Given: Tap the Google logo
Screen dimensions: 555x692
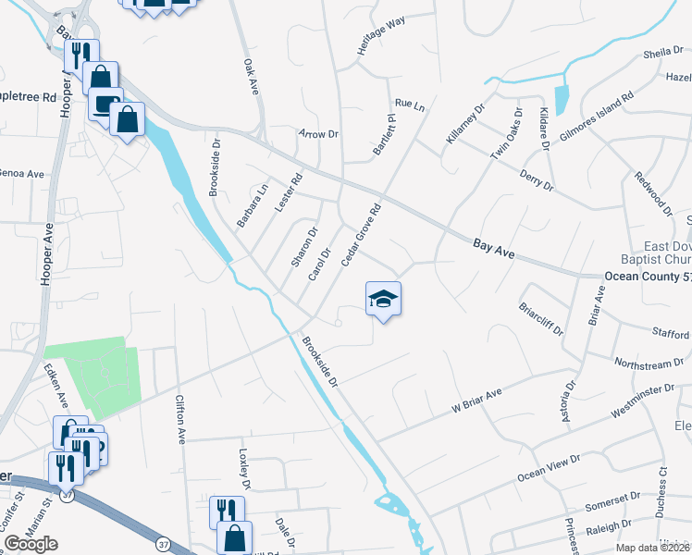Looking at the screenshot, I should [31, 543].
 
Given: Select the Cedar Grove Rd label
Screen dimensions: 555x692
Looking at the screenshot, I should [361, 236].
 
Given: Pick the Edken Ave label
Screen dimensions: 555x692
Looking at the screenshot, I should [56, 387].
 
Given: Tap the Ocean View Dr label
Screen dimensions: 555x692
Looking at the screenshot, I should [549, 467].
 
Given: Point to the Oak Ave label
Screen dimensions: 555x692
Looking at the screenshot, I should [250, 76].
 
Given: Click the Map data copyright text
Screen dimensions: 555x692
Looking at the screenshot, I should [651, 548].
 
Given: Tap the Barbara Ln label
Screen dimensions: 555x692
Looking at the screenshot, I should [252, 205].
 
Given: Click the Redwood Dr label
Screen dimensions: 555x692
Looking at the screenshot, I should [652, 192].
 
